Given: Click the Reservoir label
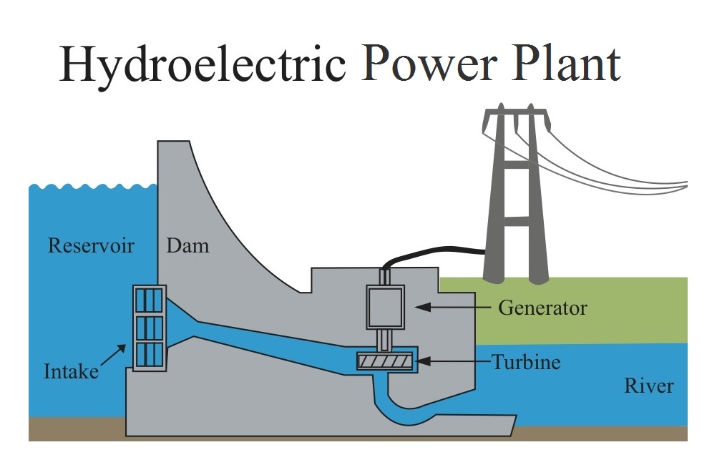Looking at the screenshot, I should pyautogui.click(x=91, y=246).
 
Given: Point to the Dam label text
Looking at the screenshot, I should pyautogui.click(x=187, y=246).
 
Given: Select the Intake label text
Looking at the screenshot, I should pyautogui.click(x=71, y=371).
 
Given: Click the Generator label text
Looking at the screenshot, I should pyautogui.click(x=542, y=308).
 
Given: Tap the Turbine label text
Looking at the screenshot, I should pyautogui.click(x=526, y=362).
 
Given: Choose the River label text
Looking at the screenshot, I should pyautogui.click(x=649, y=386).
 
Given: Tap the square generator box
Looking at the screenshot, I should pyautogui.click(x=386, y=307).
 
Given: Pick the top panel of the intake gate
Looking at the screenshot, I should pyautogui.click(x=150, y=300).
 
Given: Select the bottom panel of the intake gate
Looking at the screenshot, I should pyautogui.click(x=150, y=353).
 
